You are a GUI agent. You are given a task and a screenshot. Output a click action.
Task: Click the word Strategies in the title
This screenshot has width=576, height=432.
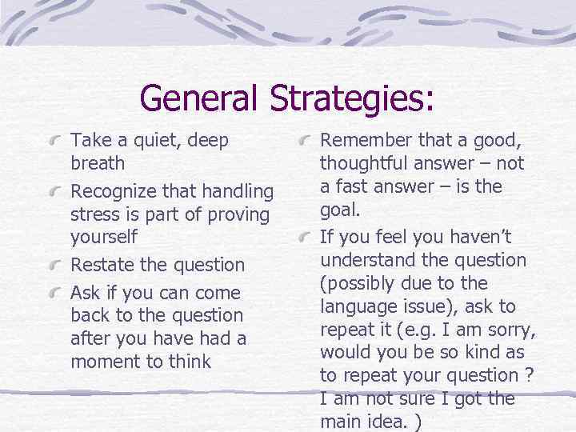pyautogui.click(x=351, y=98)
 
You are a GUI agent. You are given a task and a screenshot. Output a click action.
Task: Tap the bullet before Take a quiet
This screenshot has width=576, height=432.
pyautogui.click(x=54, y=142)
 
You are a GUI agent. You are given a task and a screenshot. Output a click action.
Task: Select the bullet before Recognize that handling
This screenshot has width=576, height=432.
pyautogui.click(x=54, y=193)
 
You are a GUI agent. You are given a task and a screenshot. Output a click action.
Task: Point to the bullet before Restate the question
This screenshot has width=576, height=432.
pyautogui.click(x=54, y=266)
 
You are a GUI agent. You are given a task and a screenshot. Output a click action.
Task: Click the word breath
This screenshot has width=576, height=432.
pyautogui.click(x=98, y=163)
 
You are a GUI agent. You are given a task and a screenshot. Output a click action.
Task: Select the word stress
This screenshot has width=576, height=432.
pyautogui.click(x=94, y=214)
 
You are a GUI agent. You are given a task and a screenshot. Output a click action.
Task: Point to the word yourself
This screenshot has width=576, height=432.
pyautogui.click(x=104, y=238)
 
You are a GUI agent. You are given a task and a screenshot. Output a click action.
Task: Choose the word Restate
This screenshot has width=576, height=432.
pyautogui.click(x=102, y=265)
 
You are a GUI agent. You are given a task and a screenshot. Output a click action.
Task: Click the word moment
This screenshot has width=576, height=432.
pyautogui.click(x=105, y=361)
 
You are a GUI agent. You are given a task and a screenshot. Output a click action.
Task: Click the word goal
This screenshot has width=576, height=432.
pyautogui.click(x=340, y=210)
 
